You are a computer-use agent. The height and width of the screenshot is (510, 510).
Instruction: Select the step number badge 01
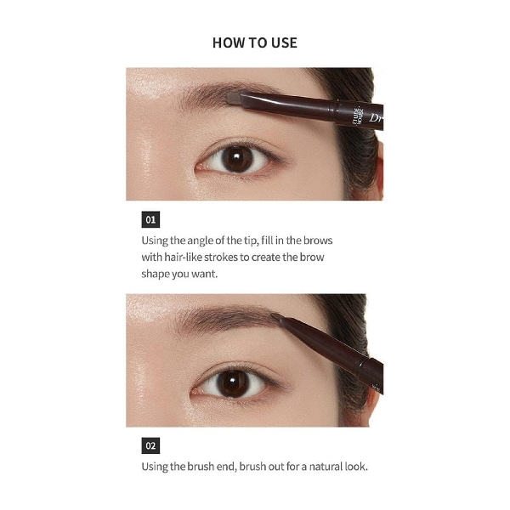(150, 219)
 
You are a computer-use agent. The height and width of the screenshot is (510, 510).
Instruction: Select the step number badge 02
(150, 445)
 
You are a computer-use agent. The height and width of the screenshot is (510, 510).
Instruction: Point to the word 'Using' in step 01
(155, 241)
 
